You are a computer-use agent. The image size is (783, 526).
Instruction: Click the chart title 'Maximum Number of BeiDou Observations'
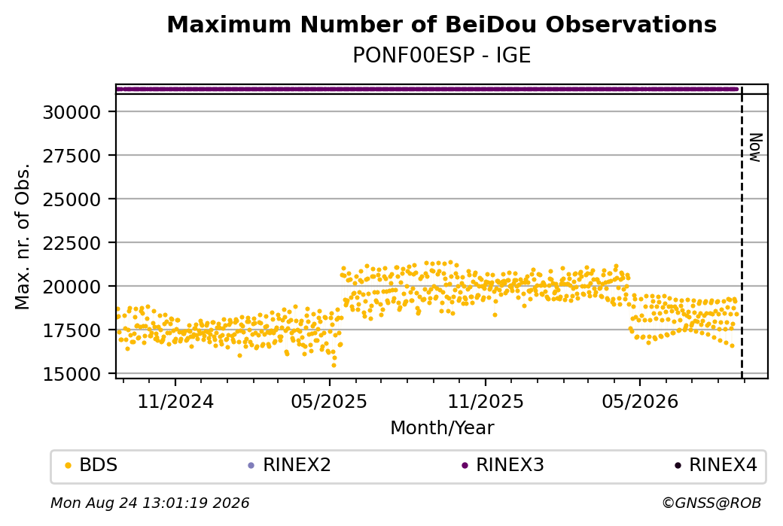pos(441,24)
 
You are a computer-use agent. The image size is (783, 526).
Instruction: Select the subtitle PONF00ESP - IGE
pos(441,55)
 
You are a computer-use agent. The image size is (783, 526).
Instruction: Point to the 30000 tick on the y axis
pos(72,112)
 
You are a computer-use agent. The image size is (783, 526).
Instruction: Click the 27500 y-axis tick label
pos(72,156)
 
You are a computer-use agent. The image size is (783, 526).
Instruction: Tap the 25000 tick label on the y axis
pos(72,199)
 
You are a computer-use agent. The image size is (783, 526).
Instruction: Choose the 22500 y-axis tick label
pos(72,243)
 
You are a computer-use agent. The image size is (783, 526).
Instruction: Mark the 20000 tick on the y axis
pos(72,287)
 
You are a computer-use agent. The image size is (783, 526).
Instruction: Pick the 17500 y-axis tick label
pos(72,330)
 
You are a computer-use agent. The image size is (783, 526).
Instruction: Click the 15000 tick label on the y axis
pos(72,374)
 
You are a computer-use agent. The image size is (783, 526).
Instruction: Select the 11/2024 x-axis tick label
pos(175,401)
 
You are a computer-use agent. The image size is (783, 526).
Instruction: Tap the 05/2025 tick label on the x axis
pos(329,401)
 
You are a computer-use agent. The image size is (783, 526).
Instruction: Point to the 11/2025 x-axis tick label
pos(486,401)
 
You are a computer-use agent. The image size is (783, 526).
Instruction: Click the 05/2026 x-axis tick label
pos(640,401)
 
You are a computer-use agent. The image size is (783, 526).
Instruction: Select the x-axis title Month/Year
pos(442,427)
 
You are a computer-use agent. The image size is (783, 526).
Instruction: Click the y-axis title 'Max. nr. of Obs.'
pos(23,236)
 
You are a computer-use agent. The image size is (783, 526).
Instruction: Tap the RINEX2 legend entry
pos(290,465)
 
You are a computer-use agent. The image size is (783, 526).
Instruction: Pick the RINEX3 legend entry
pos(503,465)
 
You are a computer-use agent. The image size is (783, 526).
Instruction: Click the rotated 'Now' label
pos(756,147)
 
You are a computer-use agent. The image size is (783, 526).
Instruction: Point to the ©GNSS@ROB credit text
pos(711,503)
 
